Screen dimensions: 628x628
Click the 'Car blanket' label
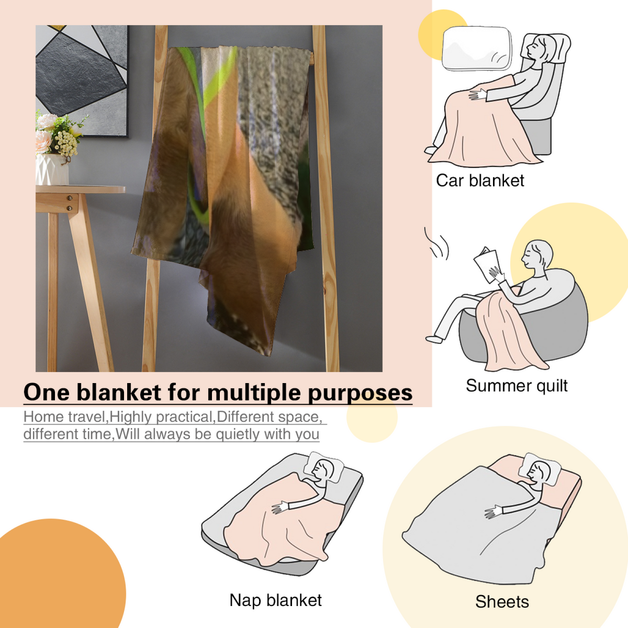coord(480,181)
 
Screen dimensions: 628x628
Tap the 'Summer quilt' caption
coord(517,386)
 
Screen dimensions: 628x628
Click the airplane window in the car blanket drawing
coord(476,48)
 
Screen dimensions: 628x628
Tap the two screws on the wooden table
coord(70,203)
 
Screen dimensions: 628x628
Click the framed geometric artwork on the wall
coord(82,81)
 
